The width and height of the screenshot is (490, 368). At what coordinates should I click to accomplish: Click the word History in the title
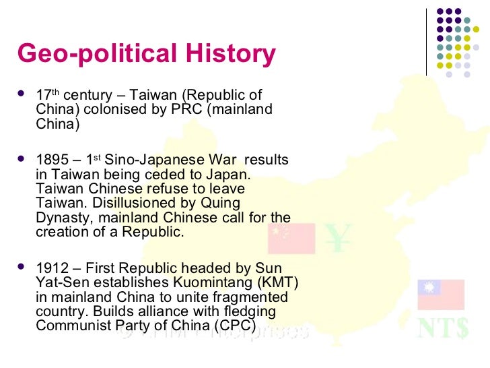[229, 54]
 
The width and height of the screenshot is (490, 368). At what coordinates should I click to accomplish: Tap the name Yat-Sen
[58, 283]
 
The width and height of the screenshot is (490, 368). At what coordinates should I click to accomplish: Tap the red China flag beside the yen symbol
[291, 237]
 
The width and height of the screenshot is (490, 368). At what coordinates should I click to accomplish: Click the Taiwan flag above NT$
[440, 295]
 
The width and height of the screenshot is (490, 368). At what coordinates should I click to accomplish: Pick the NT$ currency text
[443, 328]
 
